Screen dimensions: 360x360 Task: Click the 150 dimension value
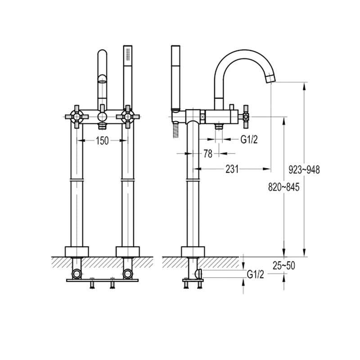[x=102, y=140]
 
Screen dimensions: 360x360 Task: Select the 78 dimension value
[x=208, y=154]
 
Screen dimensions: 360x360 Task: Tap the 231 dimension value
[x=232, y=169]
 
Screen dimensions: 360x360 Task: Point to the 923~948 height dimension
[x=304, y=170]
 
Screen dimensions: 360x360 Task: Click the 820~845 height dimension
[x=284, y=187]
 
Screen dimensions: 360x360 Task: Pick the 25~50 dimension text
[x=284, y=265]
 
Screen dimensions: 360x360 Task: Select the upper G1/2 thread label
[x=249, y=139]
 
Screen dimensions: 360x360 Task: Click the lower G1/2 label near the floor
[x=255, y=274]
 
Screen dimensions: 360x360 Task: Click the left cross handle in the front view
[x=76, y=117]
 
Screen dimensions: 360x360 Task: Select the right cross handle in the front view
[x=128, y=117]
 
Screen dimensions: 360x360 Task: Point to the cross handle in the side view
[x=246, y=117]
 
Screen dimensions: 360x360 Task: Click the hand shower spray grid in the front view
[x=128, y=54]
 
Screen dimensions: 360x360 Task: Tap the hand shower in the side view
[x=175, y=76]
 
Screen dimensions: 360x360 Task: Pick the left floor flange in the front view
[x=76, y=252]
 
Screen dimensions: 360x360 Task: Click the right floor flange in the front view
[x=128, y=252]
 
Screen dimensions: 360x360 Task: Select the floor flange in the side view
[x=193, y=252]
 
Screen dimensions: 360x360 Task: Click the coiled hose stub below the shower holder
[x=176, y=130]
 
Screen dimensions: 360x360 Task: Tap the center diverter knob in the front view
[x=102, y=117]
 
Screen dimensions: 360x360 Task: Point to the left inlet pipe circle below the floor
[x=76, y=274]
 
